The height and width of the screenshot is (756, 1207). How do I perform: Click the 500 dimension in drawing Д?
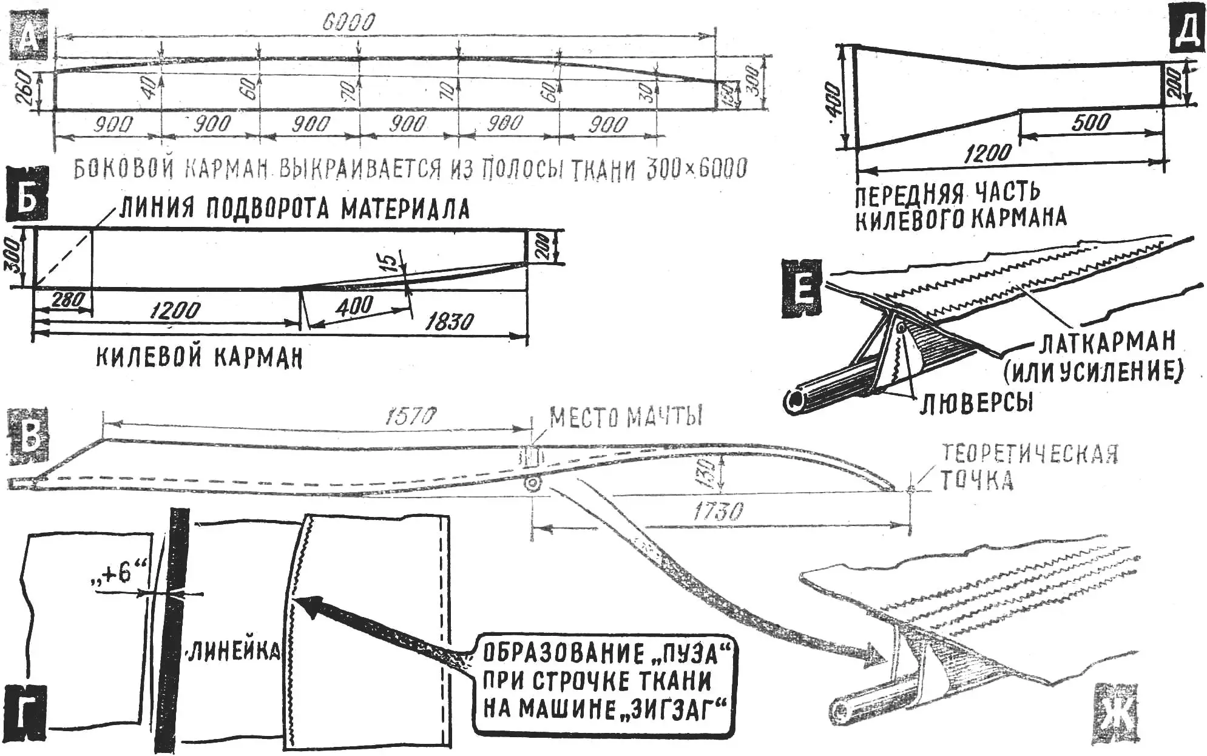[1090, 123]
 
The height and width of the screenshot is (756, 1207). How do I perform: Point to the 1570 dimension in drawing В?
[411, 417]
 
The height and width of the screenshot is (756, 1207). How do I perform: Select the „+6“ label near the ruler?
[119, 573]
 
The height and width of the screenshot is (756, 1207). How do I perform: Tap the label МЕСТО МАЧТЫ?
[625, 417]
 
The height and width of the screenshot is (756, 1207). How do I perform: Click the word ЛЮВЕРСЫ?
[976, 402]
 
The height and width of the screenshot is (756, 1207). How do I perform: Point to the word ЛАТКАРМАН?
[1107, 343]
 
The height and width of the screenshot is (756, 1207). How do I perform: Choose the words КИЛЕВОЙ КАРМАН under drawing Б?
[199, 358]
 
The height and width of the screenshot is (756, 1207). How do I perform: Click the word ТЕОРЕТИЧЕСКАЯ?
[1030, 453]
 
